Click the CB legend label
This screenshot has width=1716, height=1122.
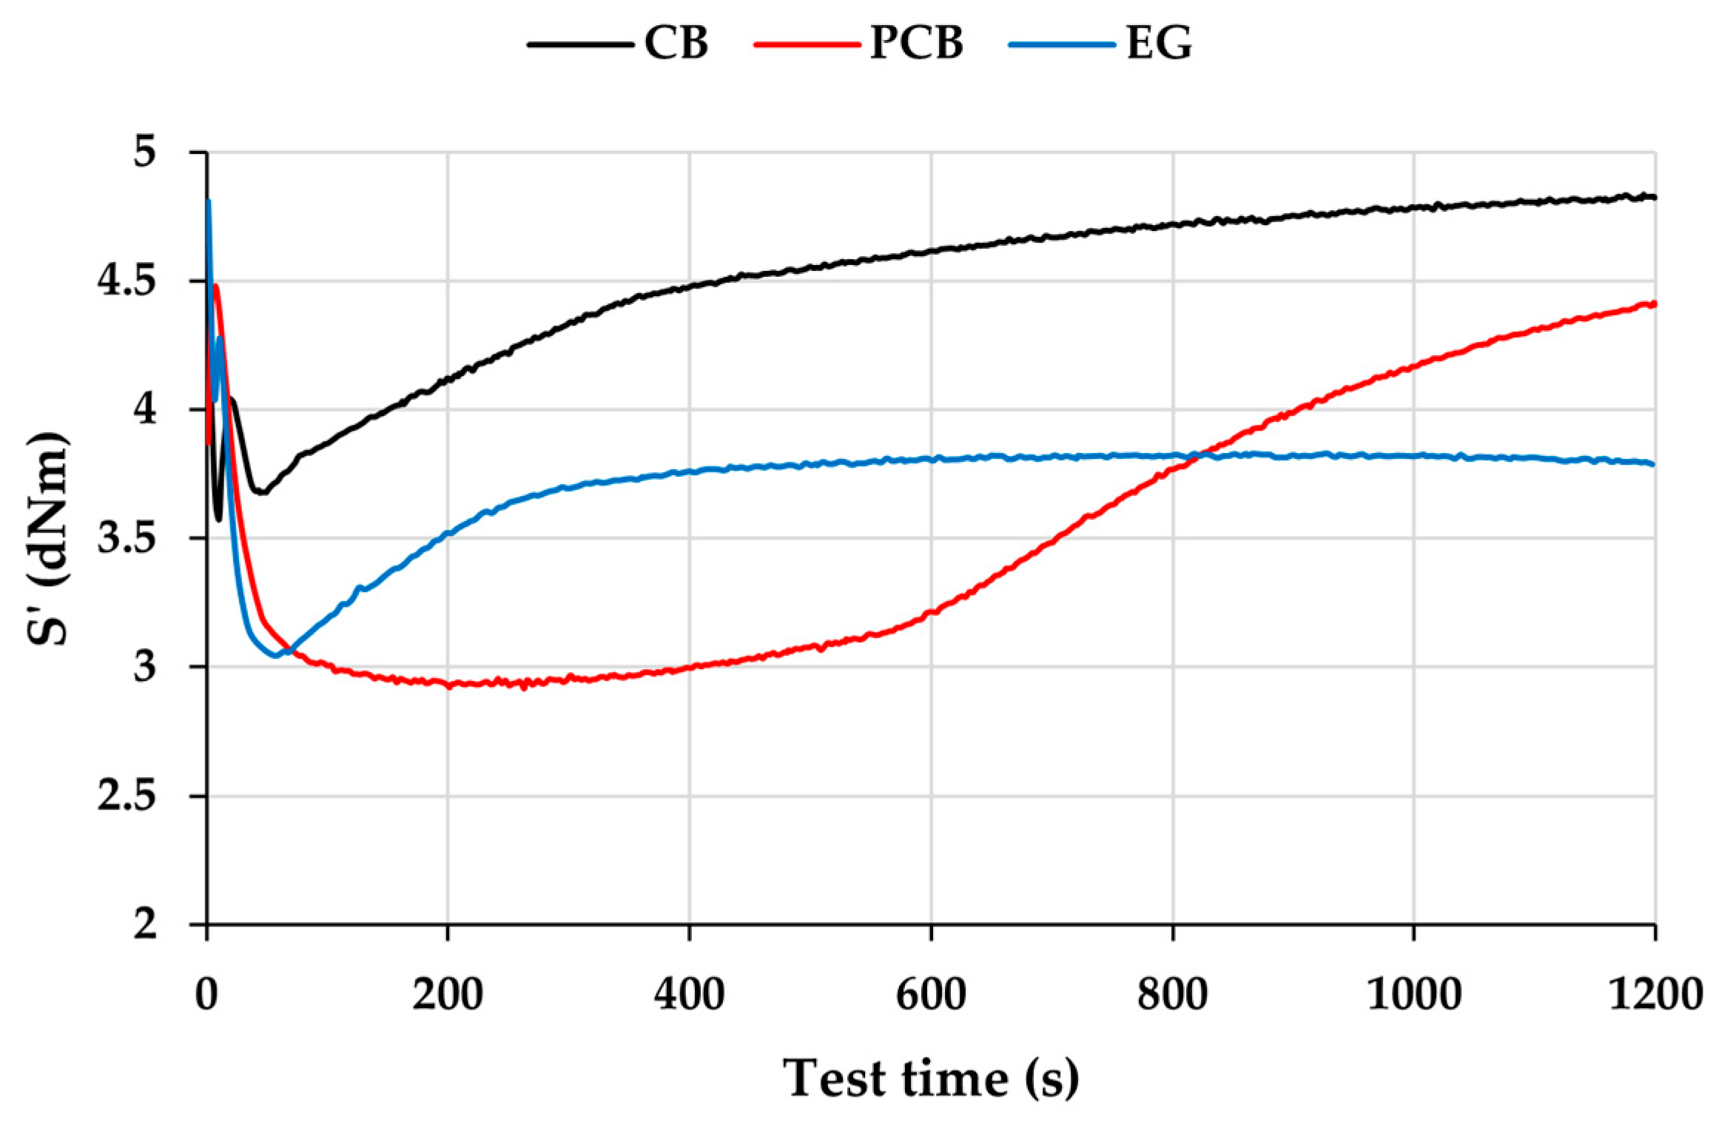(x=676, y=43)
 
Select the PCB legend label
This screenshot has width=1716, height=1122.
(x=916, y=43)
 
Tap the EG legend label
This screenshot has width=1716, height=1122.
(x=1159, y=43)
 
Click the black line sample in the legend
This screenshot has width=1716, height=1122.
(x=580, y=44)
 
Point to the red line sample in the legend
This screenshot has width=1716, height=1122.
(x=807, y=44)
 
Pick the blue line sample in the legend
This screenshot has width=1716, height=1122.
(x=1062, y=44)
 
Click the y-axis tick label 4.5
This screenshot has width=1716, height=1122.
(x=127, y=280)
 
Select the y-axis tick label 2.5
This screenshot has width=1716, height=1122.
(x=127, y=796)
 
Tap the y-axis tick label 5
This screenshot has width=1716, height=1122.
(x=145, y=152)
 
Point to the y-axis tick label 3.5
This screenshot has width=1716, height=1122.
(x=127, y=538)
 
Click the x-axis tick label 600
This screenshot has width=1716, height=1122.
(x=931, y=994)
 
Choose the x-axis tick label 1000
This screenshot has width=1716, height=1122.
(x=1413, y=994)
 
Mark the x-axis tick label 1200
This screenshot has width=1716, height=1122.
(x=1655, y=994)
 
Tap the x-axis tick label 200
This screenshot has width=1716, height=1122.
(x=448, y=994)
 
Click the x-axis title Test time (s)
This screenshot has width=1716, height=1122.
(x=931, y=1078)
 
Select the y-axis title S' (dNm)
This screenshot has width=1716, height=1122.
(x=49, y=538)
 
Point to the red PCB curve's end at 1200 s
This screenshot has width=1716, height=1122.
(x=1654, y=303)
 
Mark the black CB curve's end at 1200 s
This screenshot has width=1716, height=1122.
(x=1654, y=197)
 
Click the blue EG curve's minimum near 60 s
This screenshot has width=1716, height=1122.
(x=275, y=655)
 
